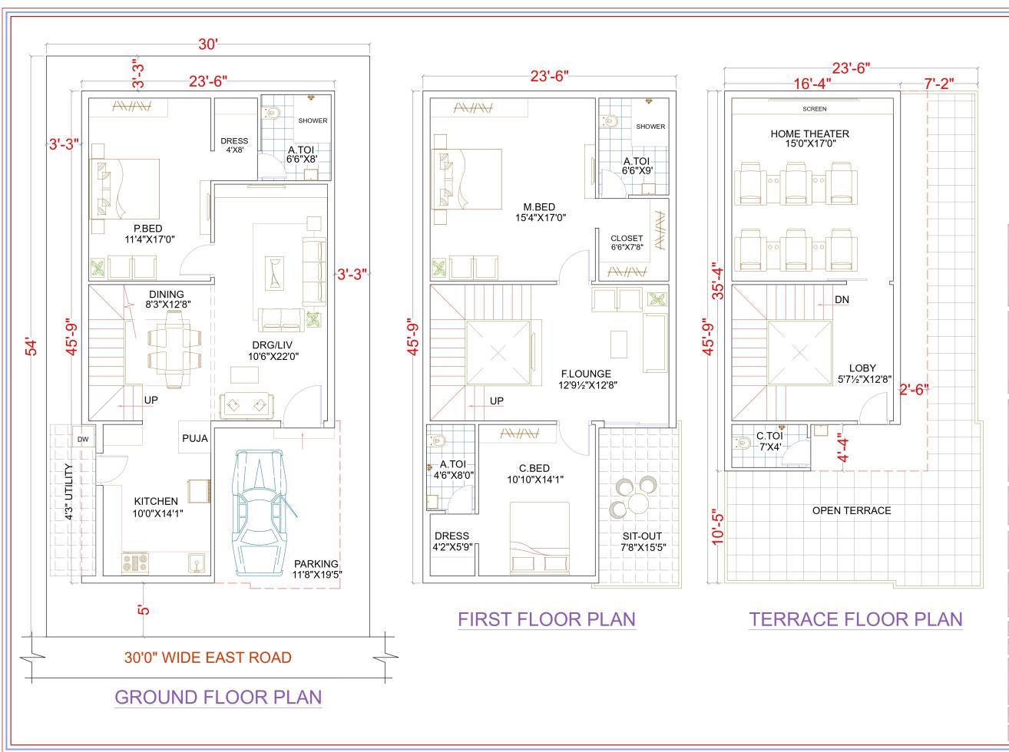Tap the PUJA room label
(194, 439)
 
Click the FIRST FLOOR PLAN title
(547, 619)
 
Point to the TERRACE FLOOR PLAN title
(855, 619)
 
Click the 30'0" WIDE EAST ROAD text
(208, 657)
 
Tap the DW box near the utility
(82, 440)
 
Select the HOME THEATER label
(809, 134)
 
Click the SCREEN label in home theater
(814, 109)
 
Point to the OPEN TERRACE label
(852, 510)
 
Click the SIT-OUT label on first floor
(641, 536)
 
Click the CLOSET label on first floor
(627, 238)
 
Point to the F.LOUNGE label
(585, 374)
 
